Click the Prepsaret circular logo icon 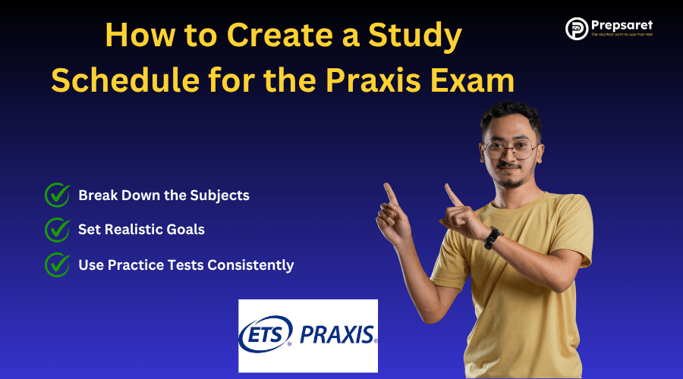pyautogui.click(x=578, y=29)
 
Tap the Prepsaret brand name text pyautogui.click(x=625, y=26)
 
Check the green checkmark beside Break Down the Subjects pyautogui.click(x=58, y=195)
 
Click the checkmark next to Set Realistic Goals pyautogui.click(x=58, y=229)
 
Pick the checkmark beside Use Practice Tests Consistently pyautogui.click(x=58, y=265)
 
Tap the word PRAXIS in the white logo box pyautogui.click(x=338, y=334)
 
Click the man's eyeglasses pyautogui.click(x=510, y=149)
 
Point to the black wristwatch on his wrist pyautogui.click(x=493, y=237)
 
